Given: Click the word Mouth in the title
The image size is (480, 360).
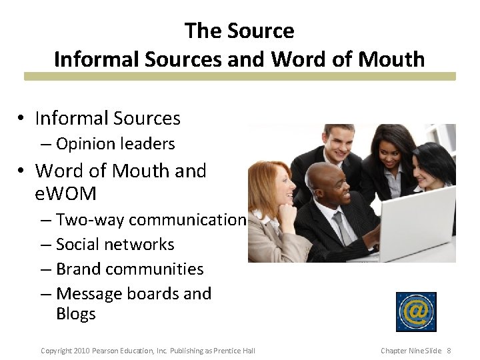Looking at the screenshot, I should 391,59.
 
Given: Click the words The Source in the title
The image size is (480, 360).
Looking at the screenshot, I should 239,31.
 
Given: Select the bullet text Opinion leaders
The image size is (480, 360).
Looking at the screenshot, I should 115,144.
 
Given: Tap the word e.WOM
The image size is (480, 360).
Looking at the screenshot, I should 65,194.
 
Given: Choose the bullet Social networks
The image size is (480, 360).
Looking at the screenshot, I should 115,245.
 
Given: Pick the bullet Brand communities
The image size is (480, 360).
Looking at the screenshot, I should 130,269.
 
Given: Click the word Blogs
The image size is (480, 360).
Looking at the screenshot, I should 76,314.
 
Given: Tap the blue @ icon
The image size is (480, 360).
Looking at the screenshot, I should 416,311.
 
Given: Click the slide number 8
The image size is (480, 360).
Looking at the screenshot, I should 449,351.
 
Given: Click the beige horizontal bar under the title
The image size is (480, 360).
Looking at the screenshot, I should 239,77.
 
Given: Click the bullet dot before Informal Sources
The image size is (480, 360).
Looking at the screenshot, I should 22,119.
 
